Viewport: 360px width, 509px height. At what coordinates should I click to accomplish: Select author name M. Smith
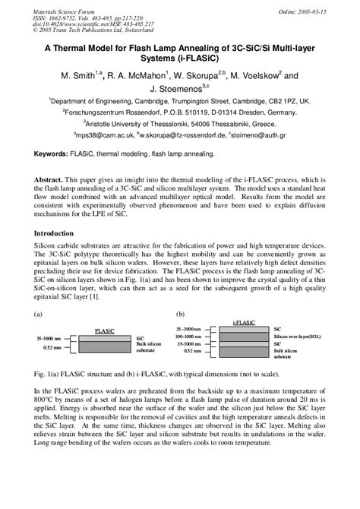[79, 76]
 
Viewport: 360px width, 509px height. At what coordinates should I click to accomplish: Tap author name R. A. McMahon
[141, 76]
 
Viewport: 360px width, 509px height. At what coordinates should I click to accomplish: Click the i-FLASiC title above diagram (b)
[247, 323]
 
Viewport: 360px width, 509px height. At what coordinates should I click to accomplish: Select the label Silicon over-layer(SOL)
[299, 336]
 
